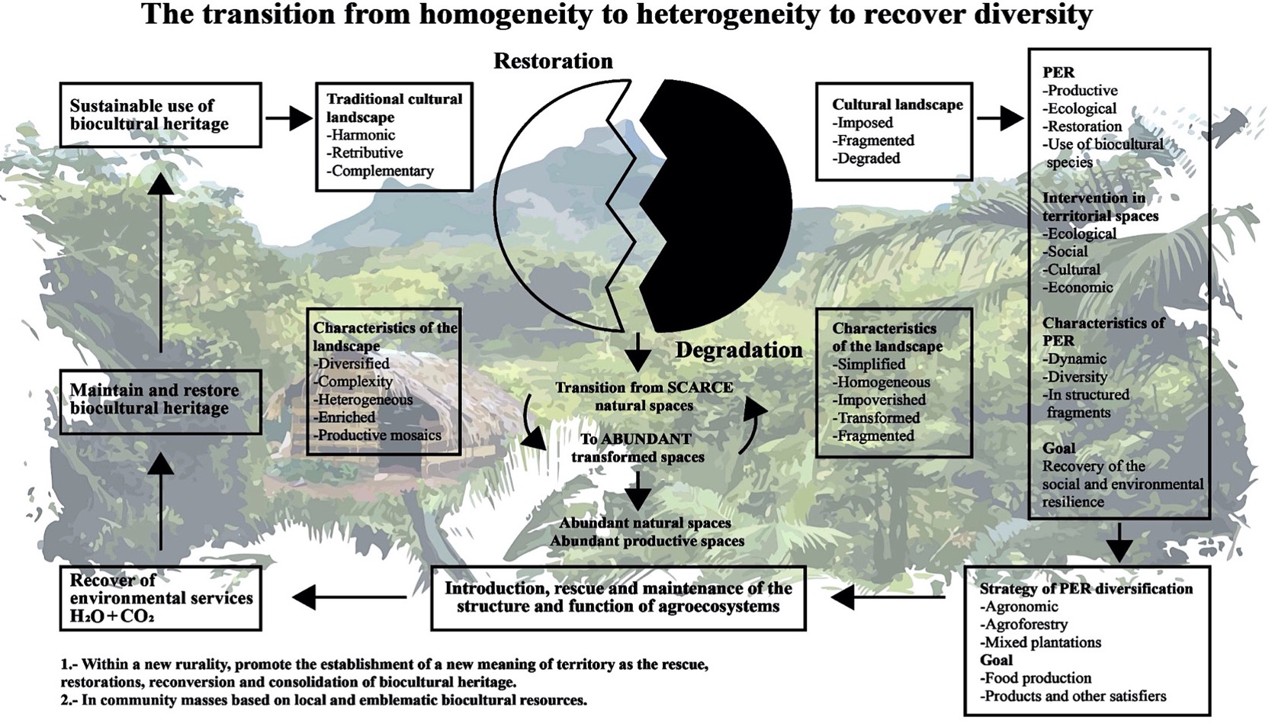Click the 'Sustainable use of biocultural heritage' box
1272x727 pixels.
click(160, 115)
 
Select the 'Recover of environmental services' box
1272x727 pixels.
click(160, 598)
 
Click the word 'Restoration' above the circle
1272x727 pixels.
click(553, 61)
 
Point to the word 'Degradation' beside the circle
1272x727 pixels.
click(738, 350)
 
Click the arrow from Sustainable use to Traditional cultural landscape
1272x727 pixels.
click(289, 117)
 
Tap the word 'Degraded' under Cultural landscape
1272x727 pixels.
click(868, 159)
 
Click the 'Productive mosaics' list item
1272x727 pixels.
click(379, 436)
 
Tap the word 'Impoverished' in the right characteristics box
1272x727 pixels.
click(881, 400)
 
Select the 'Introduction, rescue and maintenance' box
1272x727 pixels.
click(618, 598)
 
